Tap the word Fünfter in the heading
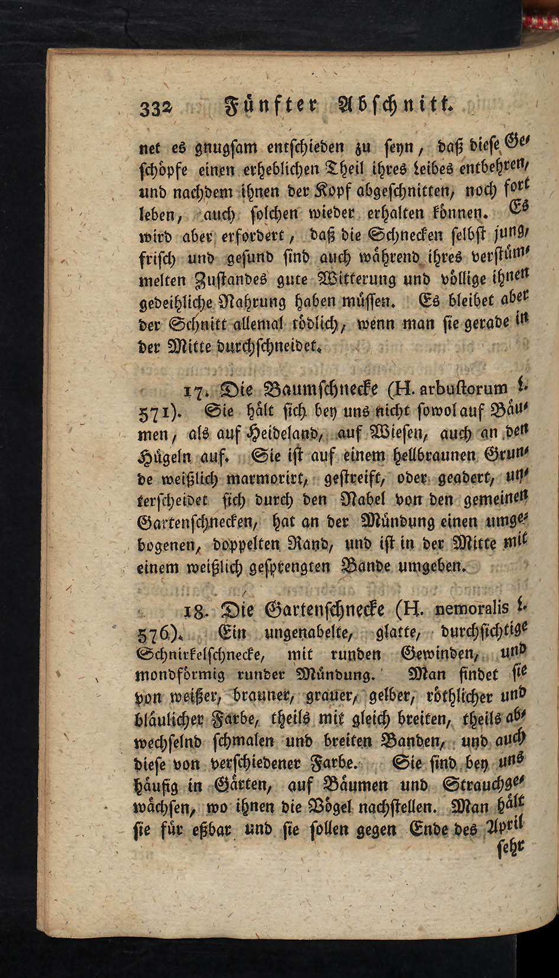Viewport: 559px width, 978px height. [x=273, y=106]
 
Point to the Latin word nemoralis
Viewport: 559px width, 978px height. [x=471, y=608]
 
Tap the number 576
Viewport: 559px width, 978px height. [x=153, y=632]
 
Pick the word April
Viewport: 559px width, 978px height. [x=505, y=827]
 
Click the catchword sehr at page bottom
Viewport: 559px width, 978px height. [x=512, y=850]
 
